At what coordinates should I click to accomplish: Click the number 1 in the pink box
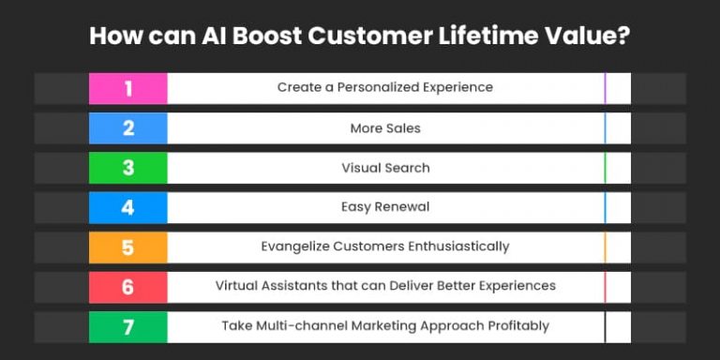click(128, 88)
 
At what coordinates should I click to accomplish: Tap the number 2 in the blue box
click(128, 128)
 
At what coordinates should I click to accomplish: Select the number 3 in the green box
click(128, 168)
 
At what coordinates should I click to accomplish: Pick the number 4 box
click(128, 207)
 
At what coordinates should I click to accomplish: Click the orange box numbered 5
click(128, 247)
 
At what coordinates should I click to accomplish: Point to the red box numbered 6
click(128, 287)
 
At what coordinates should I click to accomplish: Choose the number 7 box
click(128, 326)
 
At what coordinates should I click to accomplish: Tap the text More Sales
click(385, 128)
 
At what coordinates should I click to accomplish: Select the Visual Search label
click(385, 168)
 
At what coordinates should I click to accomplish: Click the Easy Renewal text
click(385, 207)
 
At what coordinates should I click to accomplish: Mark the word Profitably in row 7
click(516, 326)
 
